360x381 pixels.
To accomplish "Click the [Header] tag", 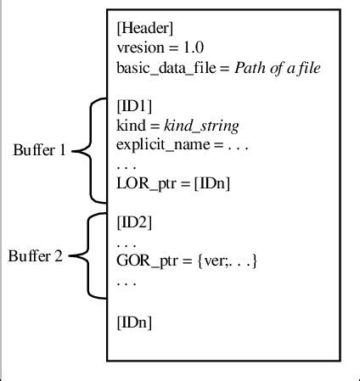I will coord(145,29).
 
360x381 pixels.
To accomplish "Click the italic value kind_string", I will coord(202,125).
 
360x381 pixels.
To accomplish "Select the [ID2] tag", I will coord(133,222).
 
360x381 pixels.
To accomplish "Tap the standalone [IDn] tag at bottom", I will coord(134,322).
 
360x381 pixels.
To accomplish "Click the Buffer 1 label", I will coord(39,151).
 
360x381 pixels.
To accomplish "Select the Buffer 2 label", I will coord(36,255).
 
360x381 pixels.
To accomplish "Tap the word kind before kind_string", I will coord(130,125).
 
